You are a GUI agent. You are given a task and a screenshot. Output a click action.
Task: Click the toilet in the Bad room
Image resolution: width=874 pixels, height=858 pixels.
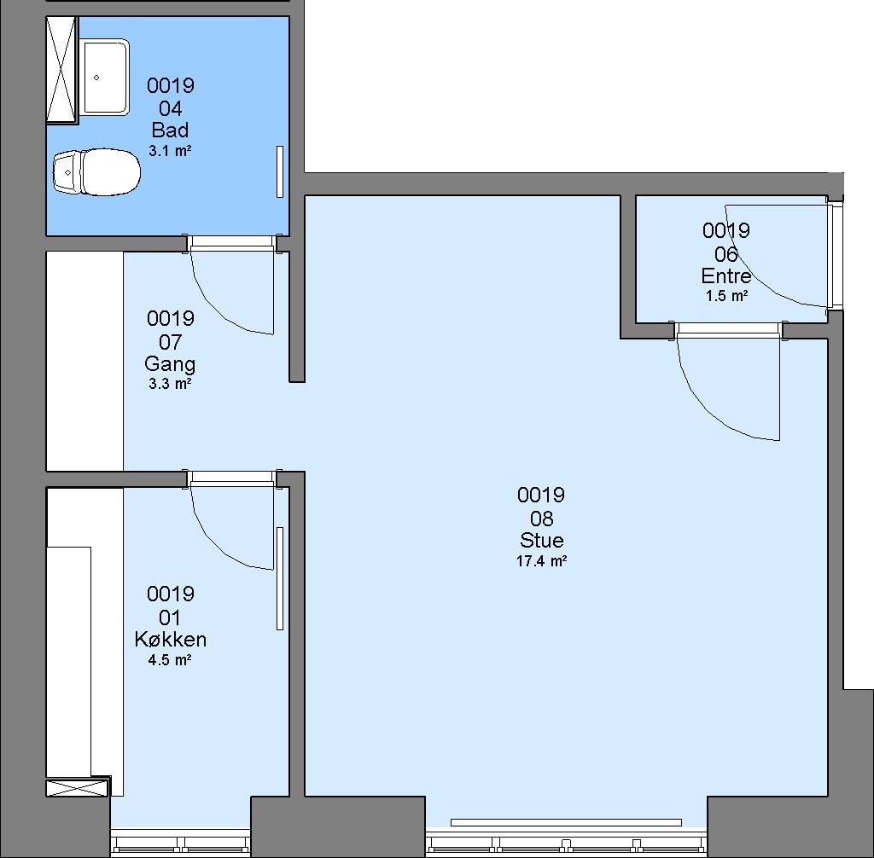pos(96,172)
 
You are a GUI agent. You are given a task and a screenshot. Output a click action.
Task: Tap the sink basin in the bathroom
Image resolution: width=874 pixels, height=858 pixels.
pos(106,77)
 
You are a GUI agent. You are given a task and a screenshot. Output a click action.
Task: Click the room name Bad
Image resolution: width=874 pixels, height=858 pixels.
pos(170,130)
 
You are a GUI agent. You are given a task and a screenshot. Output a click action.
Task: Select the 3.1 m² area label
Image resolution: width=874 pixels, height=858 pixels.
pos(170,150)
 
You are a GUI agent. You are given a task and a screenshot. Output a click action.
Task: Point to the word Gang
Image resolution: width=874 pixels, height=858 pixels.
pos(170,364)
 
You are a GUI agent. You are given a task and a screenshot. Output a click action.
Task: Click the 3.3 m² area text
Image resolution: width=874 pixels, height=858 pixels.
pos(170,383)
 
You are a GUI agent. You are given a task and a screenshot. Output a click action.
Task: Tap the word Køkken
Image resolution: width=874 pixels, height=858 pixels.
pos(171,639)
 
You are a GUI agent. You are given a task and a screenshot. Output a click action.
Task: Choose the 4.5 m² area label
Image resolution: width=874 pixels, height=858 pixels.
pos(170,660)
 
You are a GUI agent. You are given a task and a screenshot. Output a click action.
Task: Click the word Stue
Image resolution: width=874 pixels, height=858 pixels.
pos(542,541)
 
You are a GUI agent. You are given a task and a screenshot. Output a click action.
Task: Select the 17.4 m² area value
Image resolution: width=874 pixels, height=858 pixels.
pos(542,561)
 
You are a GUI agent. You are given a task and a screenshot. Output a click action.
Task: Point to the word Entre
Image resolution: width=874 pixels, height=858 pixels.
pos(726,275)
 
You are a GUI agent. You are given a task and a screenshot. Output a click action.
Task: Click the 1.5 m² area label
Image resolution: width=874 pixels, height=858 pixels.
pos(726,296)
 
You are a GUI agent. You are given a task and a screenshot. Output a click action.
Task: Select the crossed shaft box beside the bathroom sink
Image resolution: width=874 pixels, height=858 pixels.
pos(61,69)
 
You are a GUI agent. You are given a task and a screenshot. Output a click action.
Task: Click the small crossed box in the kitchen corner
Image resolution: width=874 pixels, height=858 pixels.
pos(77,788)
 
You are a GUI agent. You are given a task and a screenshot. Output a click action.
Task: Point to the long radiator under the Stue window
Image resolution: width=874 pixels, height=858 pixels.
pos(566,822)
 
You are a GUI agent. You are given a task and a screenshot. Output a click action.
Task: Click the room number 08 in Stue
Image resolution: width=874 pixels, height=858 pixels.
pos(542,519)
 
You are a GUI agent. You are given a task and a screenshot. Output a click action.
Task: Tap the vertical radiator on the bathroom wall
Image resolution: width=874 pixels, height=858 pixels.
pos(280,171)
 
